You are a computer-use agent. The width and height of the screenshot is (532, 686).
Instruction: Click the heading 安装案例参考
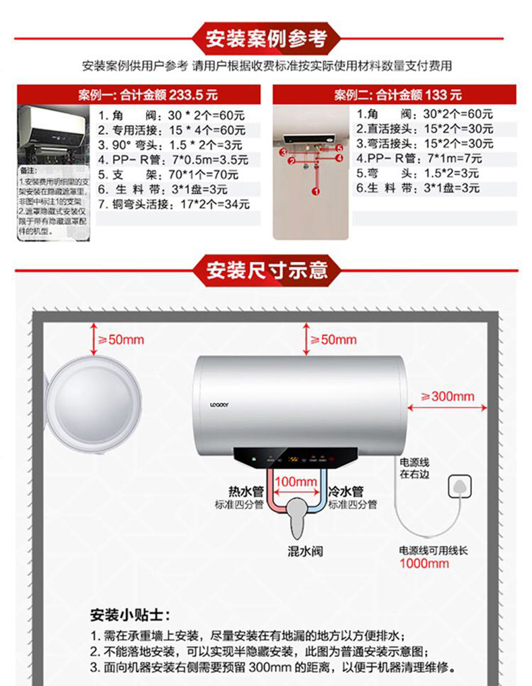[x=266, y=38]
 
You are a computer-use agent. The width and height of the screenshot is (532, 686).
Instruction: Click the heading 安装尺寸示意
[x=267, y=271]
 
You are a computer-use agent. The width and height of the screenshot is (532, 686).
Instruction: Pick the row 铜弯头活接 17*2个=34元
[x=173, y=204]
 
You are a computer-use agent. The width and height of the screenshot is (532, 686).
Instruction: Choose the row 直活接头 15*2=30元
[x=424, y=129]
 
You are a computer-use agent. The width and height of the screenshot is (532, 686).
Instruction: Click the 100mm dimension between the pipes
[x=296, y=482]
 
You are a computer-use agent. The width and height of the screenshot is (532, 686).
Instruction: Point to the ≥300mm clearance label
[x=447, y=396]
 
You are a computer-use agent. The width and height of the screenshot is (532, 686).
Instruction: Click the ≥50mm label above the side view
[x=122, y=340]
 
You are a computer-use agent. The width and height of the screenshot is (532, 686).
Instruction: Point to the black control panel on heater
[x=296, y=459]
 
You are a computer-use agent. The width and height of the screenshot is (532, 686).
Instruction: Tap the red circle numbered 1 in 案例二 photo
[x=315, y=191]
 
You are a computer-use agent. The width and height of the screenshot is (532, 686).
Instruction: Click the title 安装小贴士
[x=131, y=615]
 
